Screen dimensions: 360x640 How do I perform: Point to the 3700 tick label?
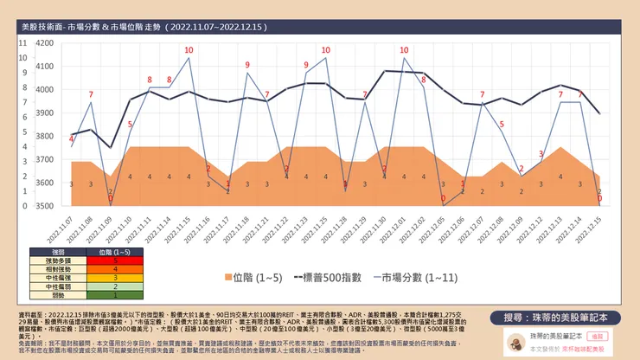pos(44,159)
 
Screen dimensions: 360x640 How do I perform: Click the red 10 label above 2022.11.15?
pos(189,50)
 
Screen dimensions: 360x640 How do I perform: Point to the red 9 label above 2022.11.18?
pos(247,65)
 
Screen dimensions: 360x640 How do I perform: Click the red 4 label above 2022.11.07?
pos(71,138)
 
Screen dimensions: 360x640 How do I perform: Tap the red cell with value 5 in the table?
pos(115,260)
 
